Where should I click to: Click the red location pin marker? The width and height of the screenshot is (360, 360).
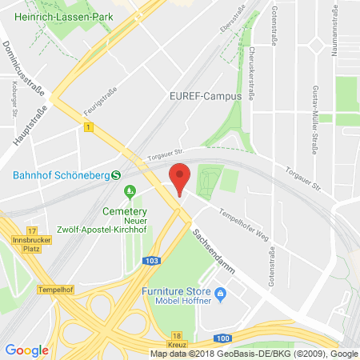tap(181, 178)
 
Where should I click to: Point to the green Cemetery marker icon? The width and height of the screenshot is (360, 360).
tap(129, 190)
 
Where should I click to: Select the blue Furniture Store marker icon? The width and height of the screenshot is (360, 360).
tap(226, 295)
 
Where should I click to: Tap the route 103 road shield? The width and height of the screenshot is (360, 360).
tap(151, 260)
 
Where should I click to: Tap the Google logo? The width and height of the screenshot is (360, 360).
tap(26, 350)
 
